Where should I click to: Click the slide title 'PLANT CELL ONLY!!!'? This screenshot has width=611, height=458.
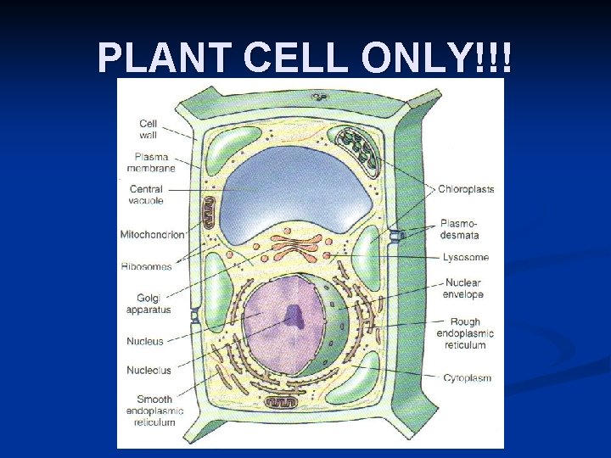click(x=305, y=58)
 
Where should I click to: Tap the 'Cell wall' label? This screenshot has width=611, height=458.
click(x=148, y=129)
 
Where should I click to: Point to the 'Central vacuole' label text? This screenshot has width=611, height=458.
click(x=146, y=195)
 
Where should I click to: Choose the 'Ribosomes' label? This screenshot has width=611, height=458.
click(x=146, y=266)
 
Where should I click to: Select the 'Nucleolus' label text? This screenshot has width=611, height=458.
click(x=149, y=371)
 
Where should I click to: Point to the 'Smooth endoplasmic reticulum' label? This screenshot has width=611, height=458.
click(x=154, y=411)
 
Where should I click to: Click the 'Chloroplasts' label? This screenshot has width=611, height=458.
click(x=466, y=189)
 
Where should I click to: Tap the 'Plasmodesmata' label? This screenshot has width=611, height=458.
click(x=460, y=229)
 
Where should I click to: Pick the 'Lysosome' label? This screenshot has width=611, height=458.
click(x=465, y=257)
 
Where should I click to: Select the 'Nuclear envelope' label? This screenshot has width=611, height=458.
click(x=462, y=288)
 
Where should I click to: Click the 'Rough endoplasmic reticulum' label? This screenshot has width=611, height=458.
click(x=465, y=333)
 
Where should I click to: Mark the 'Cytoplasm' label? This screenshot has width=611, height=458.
click(x=467, y=378)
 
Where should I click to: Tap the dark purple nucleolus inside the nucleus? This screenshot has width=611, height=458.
click(x=294, y=316)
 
